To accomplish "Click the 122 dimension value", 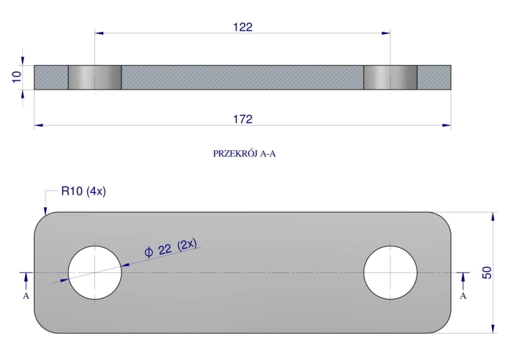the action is point(242,27).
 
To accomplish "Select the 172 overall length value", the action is point(242,120).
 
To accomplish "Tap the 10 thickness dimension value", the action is point(16,77).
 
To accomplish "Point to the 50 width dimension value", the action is point(487,272).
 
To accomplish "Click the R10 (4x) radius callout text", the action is point(83,191).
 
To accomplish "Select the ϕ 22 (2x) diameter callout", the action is point(170,248).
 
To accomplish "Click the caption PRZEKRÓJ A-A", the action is point(244,154).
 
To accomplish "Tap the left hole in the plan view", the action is point(95,272).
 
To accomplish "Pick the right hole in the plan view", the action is point(390,272).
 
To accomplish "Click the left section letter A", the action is point(26,296).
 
